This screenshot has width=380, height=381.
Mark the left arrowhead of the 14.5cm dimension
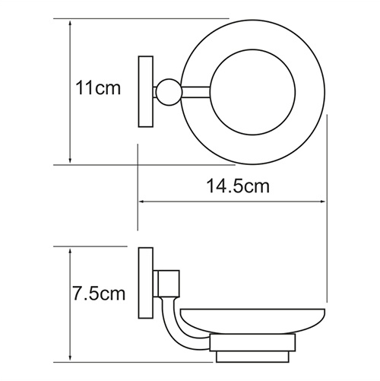[x=142, y=202]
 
